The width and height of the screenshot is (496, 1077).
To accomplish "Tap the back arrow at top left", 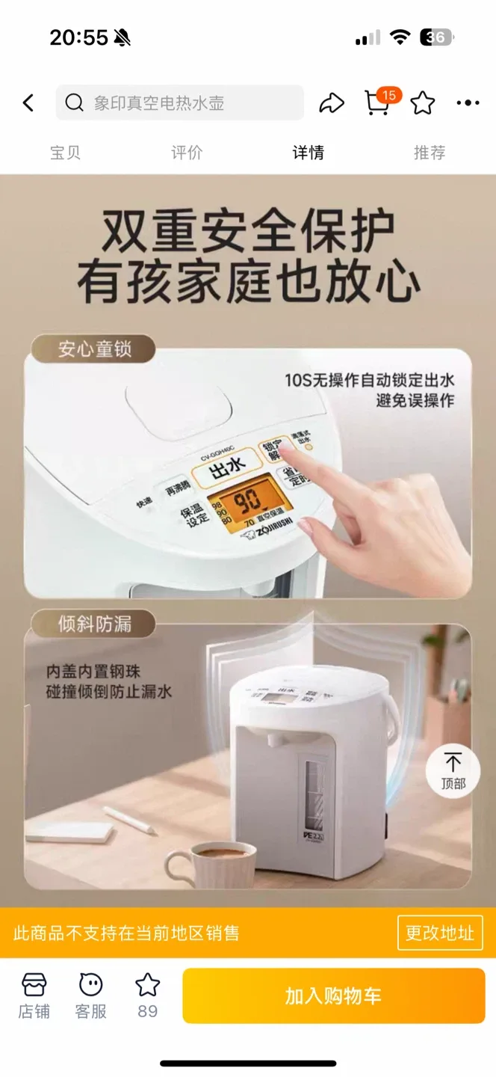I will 28,103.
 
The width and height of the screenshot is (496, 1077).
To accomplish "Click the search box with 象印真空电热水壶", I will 179,103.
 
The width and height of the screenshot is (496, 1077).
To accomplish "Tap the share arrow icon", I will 332,103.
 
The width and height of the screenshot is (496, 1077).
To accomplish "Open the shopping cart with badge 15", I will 378,103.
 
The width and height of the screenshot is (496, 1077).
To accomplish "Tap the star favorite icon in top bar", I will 423,103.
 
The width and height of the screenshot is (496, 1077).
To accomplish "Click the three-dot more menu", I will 468,103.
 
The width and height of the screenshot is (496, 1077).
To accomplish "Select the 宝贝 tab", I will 65,153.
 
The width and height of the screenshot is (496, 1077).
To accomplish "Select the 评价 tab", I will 187,153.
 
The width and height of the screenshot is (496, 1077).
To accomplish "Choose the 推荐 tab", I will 430,153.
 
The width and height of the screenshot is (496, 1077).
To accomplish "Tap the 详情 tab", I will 308,153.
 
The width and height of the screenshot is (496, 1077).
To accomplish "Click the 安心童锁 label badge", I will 93,349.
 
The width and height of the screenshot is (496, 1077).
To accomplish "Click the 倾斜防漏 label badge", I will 93,624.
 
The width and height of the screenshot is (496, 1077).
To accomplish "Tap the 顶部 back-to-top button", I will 453,770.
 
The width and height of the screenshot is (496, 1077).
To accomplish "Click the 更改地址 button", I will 440,933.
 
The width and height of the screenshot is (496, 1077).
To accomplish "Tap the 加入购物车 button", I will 333,995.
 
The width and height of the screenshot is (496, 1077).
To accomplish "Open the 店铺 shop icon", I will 34,995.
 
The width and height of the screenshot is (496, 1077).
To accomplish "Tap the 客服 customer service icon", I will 91,995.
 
